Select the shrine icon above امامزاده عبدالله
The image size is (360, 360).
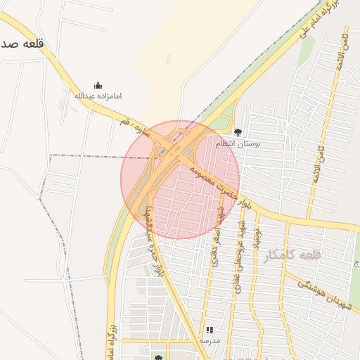point(97,85)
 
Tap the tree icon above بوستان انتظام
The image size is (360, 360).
point(238,131)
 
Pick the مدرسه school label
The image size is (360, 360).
point(209,340)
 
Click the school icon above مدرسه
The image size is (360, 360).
point(209,330)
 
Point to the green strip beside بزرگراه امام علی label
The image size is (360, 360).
point(307,51)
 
